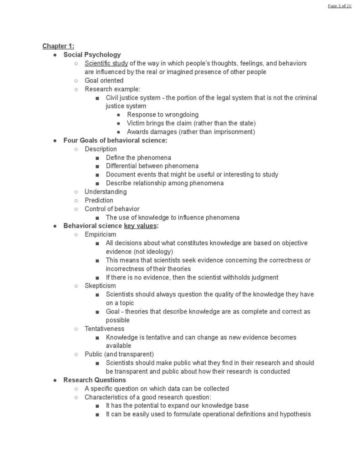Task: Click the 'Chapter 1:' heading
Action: coord(58,46)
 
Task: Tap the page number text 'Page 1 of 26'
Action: coord(339,5)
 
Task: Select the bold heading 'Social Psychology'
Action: coord(92,55)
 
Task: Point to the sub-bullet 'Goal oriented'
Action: coord(104,81)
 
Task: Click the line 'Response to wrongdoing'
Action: coord(162,115)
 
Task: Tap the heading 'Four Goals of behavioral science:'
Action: coord(115,140)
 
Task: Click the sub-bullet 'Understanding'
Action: coord(106,192)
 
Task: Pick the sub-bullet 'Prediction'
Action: coord(99,200)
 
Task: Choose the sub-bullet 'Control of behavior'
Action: coord(112,209)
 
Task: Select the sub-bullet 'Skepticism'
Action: coord(100,286)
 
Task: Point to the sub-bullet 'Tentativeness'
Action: coord(104,329)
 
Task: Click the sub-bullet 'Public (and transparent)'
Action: coord(119,354)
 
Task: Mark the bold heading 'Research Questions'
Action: coord(95,380)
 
